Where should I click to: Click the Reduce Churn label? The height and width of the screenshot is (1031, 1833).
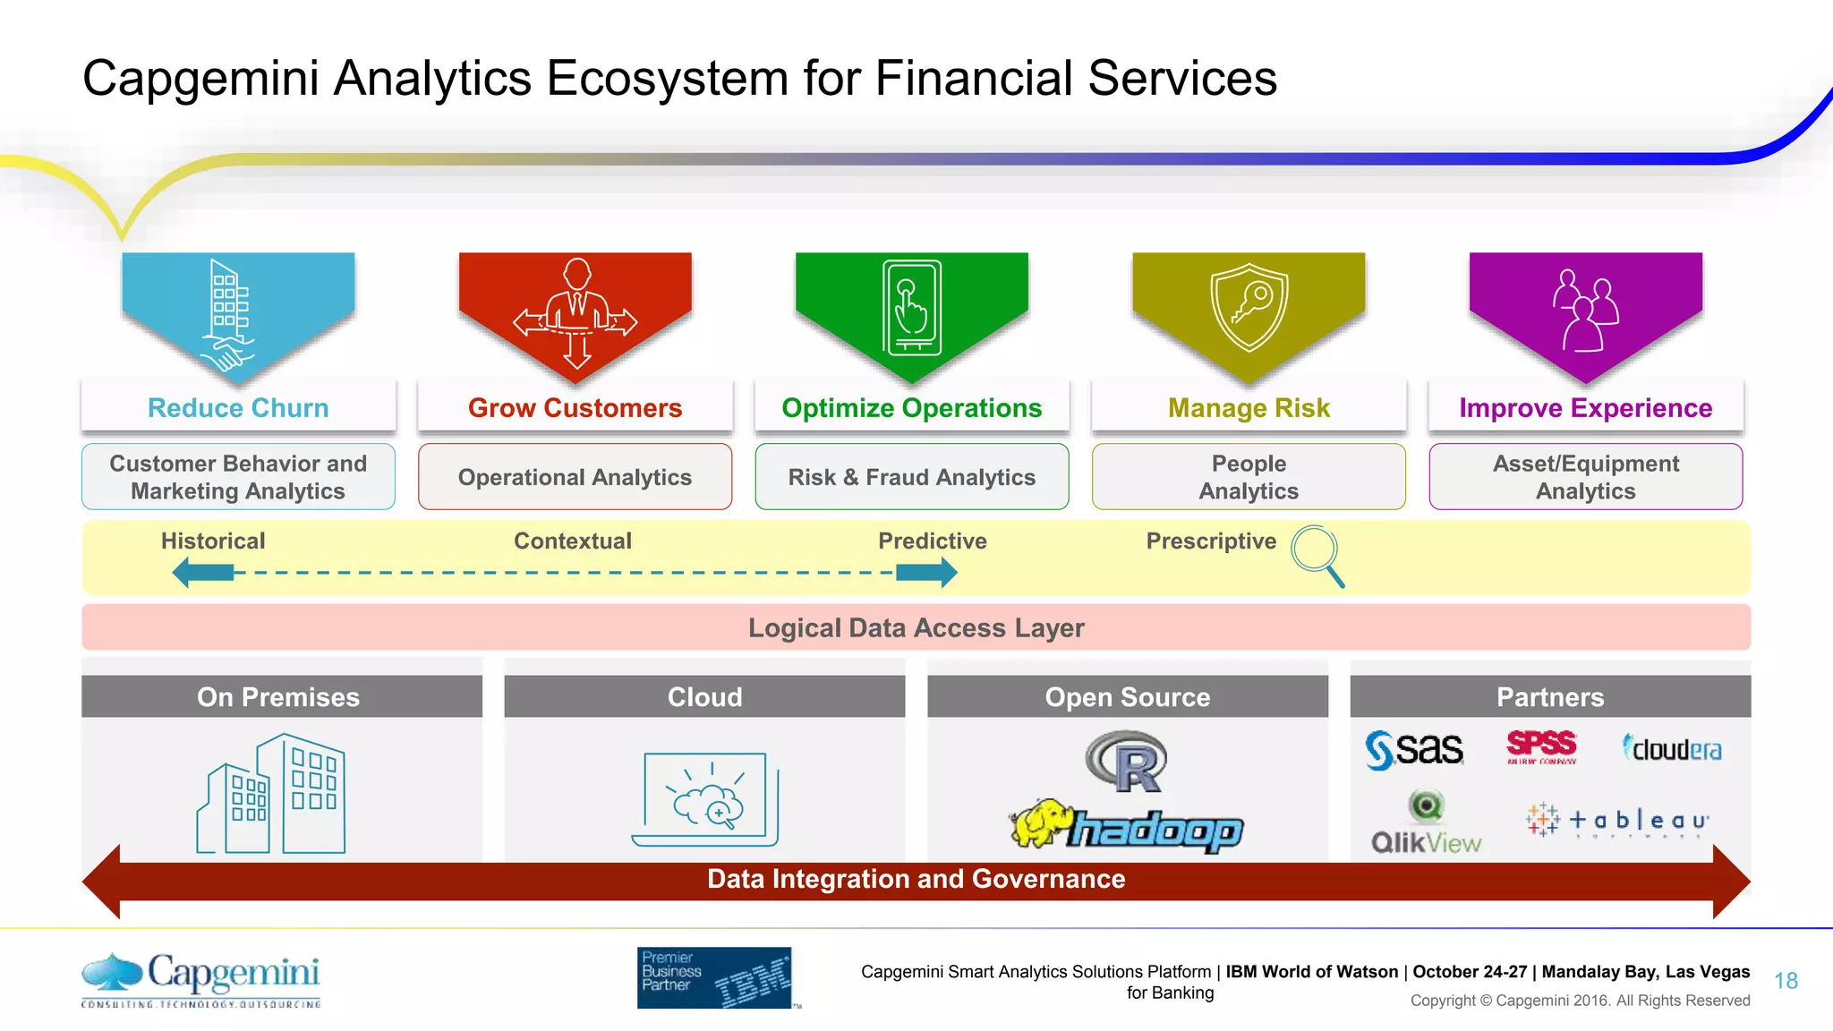point(238,408)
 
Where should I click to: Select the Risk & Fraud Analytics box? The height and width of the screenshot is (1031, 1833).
point(911,477)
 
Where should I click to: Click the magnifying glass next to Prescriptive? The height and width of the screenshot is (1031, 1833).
point(1317,554)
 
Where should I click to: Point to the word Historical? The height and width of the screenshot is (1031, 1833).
point(213,541)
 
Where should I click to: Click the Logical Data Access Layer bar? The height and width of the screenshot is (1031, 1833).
point(916,627)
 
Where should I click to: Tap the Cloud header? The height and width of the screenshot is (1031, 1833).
point(704,696)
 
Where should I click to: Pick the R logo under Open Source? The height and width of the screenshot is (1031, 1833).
point(1127,762)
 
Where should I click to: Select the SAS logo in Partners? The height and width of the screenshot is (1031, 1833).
point(1414,749)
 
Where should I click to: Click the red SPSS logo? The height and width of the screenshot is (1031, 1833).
point(1541,746)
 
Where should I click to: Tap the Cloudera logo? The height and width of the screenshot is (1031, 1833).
point(1672,748)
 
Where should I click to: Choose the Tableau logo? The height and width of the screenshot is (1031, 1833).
point(1617,820)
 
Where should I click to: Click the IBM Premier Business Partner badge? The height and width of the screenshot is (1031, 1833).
point(714,977)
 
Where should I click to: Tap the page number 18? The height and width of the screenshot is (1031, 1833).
point(1786,981)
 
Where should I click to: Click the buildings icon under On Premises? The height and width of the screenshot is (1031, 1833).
point(271,794)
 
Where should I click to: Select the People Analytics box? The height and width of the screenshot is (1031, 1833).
point(1249,477)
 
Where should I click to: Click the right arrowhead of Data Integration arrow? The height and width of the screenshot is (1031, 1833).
point(1731,882)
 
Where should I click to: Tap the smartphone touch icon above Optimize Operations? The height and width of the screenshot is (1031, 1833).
point(911,309)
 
